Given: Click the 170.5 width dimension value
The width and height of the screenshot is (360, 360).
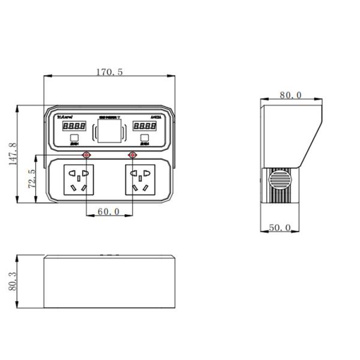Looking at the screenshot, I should [x=109, y=72].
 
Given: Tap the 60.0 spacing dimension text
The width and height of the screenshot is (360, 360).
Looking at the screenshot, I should [x=109, y=212].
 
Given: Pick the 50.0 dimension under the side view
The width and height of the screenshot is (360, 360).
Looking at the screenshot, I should [x=279, y=227].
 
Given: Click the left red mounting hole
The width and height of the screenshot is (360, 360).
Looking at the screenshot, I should [x=87, y=155].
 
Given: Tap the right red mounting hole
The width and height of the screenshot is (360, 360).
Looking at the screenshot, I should [x=133, y=155].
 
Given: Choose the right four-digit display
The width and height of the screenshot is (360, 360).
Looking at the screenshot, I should [x=145, y=127].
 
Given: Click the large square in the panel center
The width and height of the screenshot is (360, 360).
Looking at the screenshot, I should [x=109, y=130].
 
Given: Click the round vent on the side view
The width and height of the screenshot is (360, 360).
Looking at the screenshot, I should [x=279, y=180].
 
